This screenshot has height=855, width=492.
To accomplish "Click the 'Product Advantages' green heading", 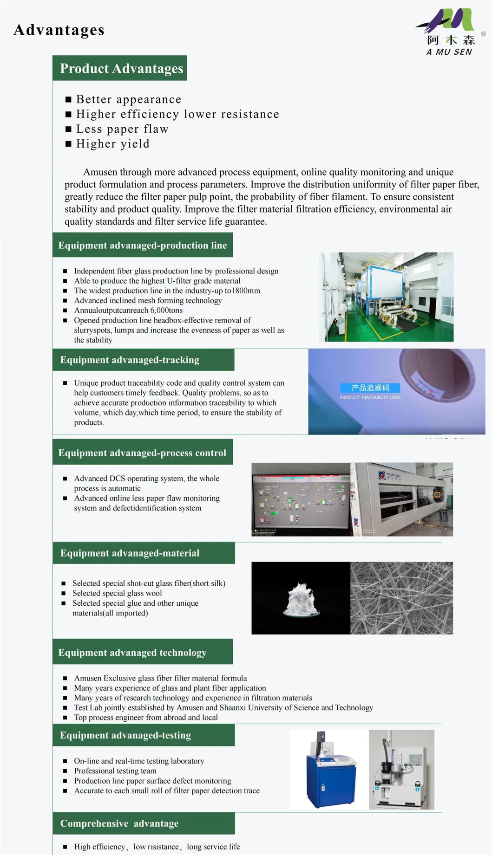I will (x=121, y=68).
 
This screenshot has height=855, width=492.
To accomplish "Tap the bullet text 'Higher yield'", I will (x=112, y=144).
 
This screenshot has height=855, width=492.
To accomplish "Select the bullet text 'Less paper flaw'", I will (x=122, y=129).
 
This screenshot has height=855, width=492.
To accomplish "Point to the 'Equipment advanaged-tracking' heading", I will (x=130, y=360).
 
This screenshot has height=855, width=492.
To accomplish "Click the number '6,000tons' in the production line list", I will (x=166, y=311).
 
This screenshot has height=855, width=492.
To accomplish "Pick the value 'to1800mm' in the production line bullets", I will (x=243, y=291).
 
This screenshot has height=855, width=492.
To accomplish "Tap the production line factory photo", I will (x=386, y=297).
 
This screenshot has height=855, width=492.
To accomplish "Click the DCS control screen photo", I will (x=301, y=499).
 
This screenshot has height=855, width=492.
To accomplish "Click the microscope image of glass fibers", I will (x=401, y=598).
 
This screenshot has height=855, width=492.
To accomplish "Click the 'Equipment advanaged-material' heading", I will (x=130, y=553).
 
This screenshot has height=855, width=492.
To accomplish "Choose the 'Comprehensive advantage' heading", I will (x=119, y=823).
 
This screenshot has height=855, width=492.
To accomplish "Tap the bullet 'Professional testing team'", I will (x=115, y=771).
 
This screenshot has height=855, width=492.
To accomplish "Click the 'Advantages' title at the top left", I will (x=59, y=30).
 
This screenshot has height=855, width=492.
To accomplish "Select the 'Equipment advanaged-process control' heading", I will (x=142, y=453).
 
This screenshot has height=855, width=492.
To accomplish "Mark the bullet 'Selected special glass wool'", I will (x=117, y=593).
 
